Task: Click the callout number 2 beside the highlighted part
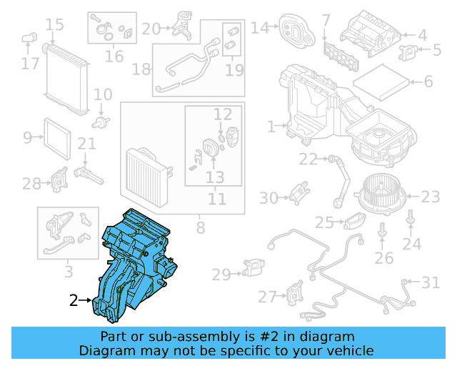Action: tap(74, 301)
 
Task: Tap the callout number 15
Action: tap(54, 26)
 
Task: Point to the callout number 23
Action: tap(431, 197)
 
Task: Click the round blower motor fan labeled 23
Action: tap(381, 191)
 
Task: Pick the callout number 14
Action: tap(258, 28)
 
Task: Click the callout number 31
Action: tap(430, 283)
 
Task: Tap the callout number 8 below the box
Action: tap(200, 228)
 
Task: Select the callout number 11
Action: tap(217, 199)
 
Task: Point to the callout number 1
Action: tap(271, 127)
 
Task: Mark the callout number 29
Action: tap(221, 274)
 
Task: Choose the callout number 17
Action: tap(29, 64)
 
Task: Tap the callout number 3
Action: tap(68, 272)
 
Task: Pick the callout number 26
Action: tap(383, 257)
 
